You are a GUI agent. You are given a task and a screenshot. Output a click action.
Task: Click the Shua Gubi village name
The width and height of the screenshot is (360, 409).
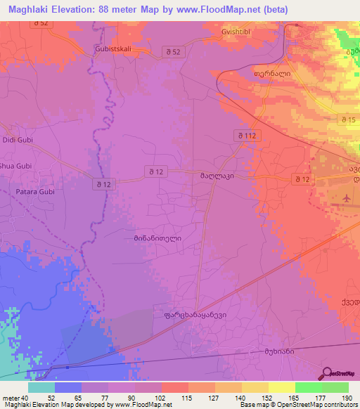pyautogui.click(x=17, y=166)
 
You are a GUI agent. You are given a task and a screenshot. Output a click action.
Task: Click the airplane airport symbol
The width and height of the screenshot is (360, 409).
pyautogui.click(x=347, y=200)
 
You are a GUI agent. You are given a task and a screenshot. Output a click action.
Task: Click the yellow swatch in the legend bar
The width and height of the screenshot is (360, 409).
pyautogui.click(x=281, y=387)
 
